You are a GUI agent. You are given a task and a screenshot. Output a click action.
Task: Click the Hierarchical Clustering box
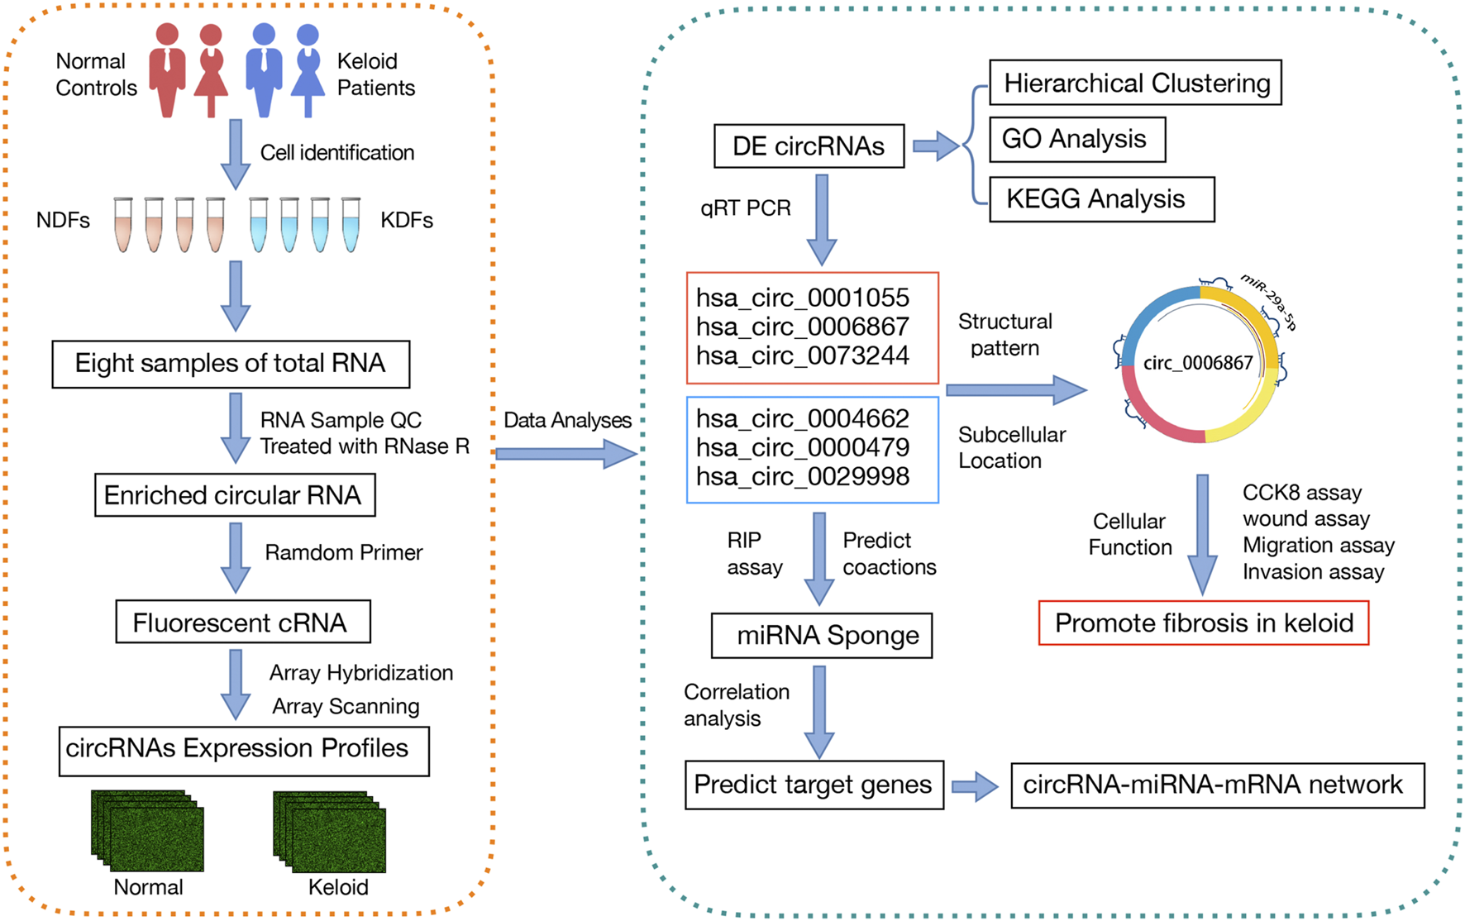(1135, 83)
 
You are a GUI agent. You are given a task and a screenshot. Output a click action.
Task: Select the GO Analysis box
(1076, 139)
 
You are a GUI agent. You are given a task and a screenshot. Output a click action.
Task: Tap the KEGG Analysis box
(1101, 199)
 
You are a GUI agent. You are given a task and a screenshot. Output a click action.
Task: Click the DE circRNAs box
(809, 146)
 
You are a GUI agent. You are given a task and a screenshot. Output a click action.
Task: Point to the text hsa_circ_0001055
(802, 298)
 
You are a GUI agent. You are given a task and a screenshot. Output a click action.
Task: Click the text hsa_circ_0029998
(802, 476)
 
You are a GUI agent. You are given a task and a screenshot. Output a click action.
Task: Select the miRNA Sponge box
(822, 635)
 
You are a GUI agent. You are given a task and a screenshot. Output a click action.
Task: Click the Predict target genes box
(814, 785)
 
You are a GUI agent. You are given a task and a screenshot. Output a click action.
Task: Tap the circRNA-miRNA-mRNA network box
(1217, 785)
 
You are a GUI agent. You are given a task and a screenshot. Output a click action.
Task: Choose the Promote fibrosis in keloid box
(1203, 623)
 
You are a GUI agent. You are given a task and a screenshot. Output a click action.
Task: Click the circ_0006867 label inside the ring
(1197, 363)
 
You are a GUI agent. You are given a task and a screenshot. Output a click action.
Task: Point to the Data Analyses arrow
(566, 453)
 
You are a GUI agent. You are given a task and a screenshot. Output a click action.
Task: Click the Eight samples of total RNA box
(231, 364)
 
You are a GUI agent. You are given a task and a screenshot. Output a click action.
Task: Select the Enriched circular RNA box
(235, 495)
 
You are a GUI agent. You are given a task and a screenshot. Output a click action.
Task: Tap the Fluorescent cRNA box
(242, 623)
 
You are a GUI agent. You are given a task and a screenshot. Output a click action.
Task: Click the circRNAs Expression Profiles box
(243, 751)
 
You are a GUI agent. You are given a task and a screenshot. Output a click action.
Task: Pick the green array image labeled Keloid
(330, 832)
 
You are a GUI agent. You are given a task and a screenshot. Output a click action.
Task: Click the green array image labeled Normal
(148, 832)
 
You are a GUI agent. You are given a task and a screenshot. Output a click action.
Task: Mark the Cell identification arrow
(236, 154)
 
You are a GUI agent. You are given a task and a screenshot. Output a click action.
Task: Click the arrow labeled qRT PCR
(821, 218)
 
